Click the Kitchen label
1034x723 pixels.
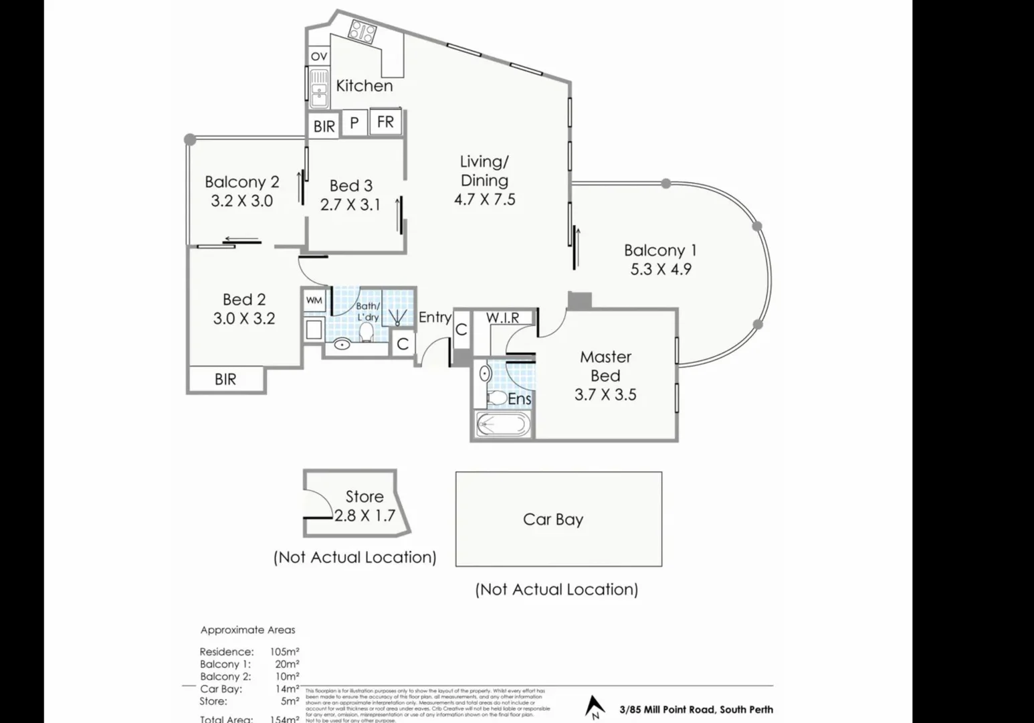[364, 86]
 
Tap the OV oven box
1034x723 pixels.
[319, 56]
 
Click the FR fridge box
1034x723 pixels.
[385, 123]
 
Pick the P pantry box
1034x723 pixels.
[354, 123]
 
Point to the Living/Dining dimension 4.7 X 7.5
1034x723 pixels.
[484, 199]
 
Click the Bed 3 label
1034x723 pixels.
[350, 186]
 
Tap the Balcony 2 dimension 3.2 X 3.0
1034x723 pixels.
[241, 201]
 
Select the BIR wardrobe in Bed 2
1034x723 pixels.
[225, 380]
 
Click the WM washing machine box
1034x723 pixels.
[314, 301]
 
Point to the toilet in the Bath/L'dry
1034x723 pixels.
[367, 331]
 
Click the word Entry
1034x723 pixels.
[435, 317]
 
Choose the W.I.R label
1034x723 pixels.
[502, 318]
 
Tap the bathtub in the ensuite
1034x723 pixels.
[502, 424]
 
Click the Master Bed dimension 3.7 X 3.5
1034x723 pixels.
[605, 395]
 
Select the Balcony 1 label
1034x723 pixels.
[660, 250]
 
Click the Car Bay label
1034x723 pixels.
[553, 519]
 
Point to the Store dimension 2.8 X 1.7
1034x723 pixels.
[365, 516]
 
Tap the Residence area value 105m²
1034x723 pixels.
[284, 651]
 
